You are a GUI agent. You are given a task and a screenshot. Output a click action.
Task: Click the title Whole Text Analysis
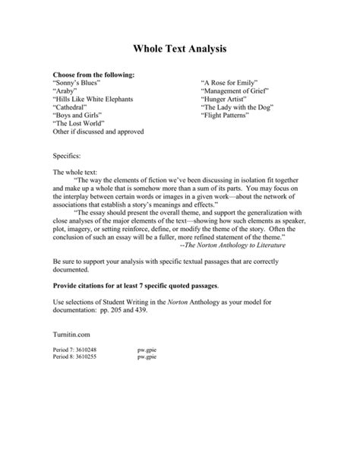[179, 49]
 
